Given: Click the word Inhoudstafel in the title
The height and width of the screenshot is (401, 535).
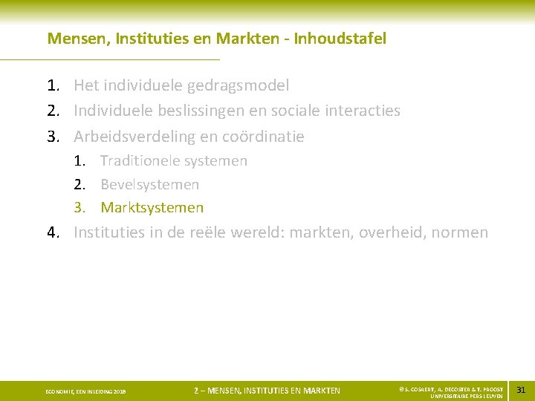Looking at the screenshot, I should [x=340, y=39].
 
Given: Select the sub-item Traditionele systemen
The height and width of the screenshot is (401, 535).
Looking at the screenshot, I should [x=174, y=160].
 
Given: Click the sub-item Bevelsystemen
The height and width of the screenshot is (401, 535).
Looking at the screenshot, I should [x=150, y=184].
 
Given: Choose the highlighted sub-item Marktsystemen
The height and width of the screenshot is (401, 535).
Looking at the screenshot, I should [x=152, y=208].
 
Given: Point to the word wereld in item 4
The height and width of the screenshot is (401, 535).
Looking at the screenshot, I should [x=256, y=232].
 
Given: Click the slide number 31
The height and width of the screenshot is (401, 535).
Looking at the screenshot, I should [x=520, y=390].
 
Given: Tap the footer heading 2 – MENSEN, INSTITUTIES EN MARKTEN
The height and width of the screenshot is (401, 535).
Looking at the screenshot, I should [x=267, y=391].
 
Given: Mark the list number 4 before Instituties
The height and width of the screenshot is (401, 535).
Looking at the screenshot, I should [x=53, y=232].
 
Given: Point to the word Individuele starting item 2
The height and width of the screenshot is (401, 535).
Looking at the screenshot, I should [x=113, y=111].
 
